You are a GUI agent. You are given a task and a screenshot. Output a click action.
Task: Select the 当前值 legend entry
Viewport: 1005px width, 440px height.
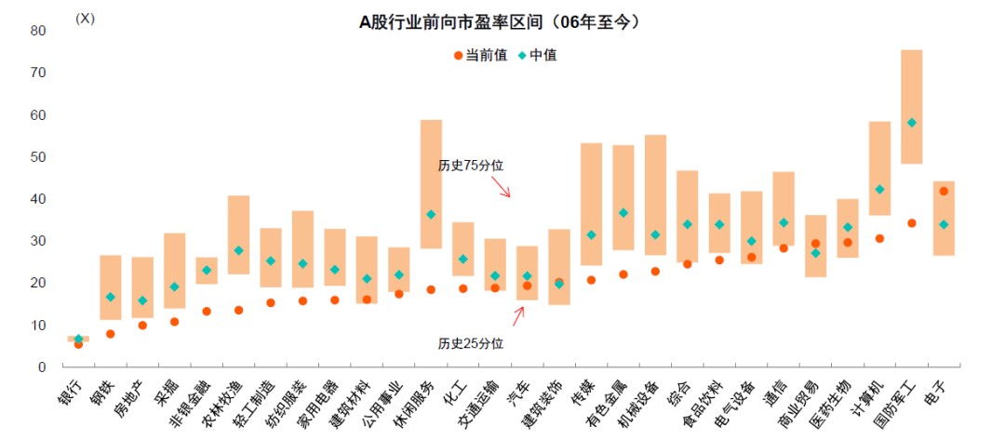coord(480,55)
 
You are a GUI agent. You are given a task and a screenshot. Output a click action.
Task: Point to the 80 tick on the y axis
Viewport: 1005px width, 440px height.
coord(38,31)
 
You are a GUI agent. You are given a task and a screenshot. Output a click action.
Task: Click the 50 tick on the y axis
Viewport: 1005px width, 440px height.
coord(38,157)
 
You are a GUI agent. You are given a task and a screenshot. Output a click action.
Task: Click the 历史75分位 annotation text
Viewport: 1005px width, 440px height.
coord(471,165)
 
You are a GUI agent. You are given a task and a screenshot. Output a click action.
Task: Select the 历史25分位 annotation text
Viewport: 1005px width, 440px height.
coord(471,343)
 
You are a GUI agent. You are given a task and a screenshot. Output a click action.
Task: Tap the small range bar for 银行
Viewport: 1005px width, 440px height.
coord(78,339)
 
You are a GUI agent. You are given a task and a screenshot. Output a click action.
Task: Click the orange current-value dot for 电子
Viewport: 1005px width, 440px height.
coord(944,192)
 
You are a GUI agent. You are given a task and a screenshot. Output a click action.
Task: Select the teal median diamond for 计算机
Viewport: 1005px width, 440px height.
coord(880,189)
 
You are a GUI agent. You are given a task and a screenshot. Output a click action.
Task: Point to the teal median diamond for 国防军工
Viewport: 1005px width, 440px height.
coord(912,123)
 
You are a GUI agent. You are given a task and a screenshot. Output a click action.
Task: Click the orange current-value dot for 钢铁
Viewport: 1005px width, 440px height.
coord(111,334)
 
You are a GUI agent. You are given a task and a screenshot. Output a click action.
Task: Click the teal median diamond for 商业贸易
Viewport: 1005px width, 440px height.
coord(816,253)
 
